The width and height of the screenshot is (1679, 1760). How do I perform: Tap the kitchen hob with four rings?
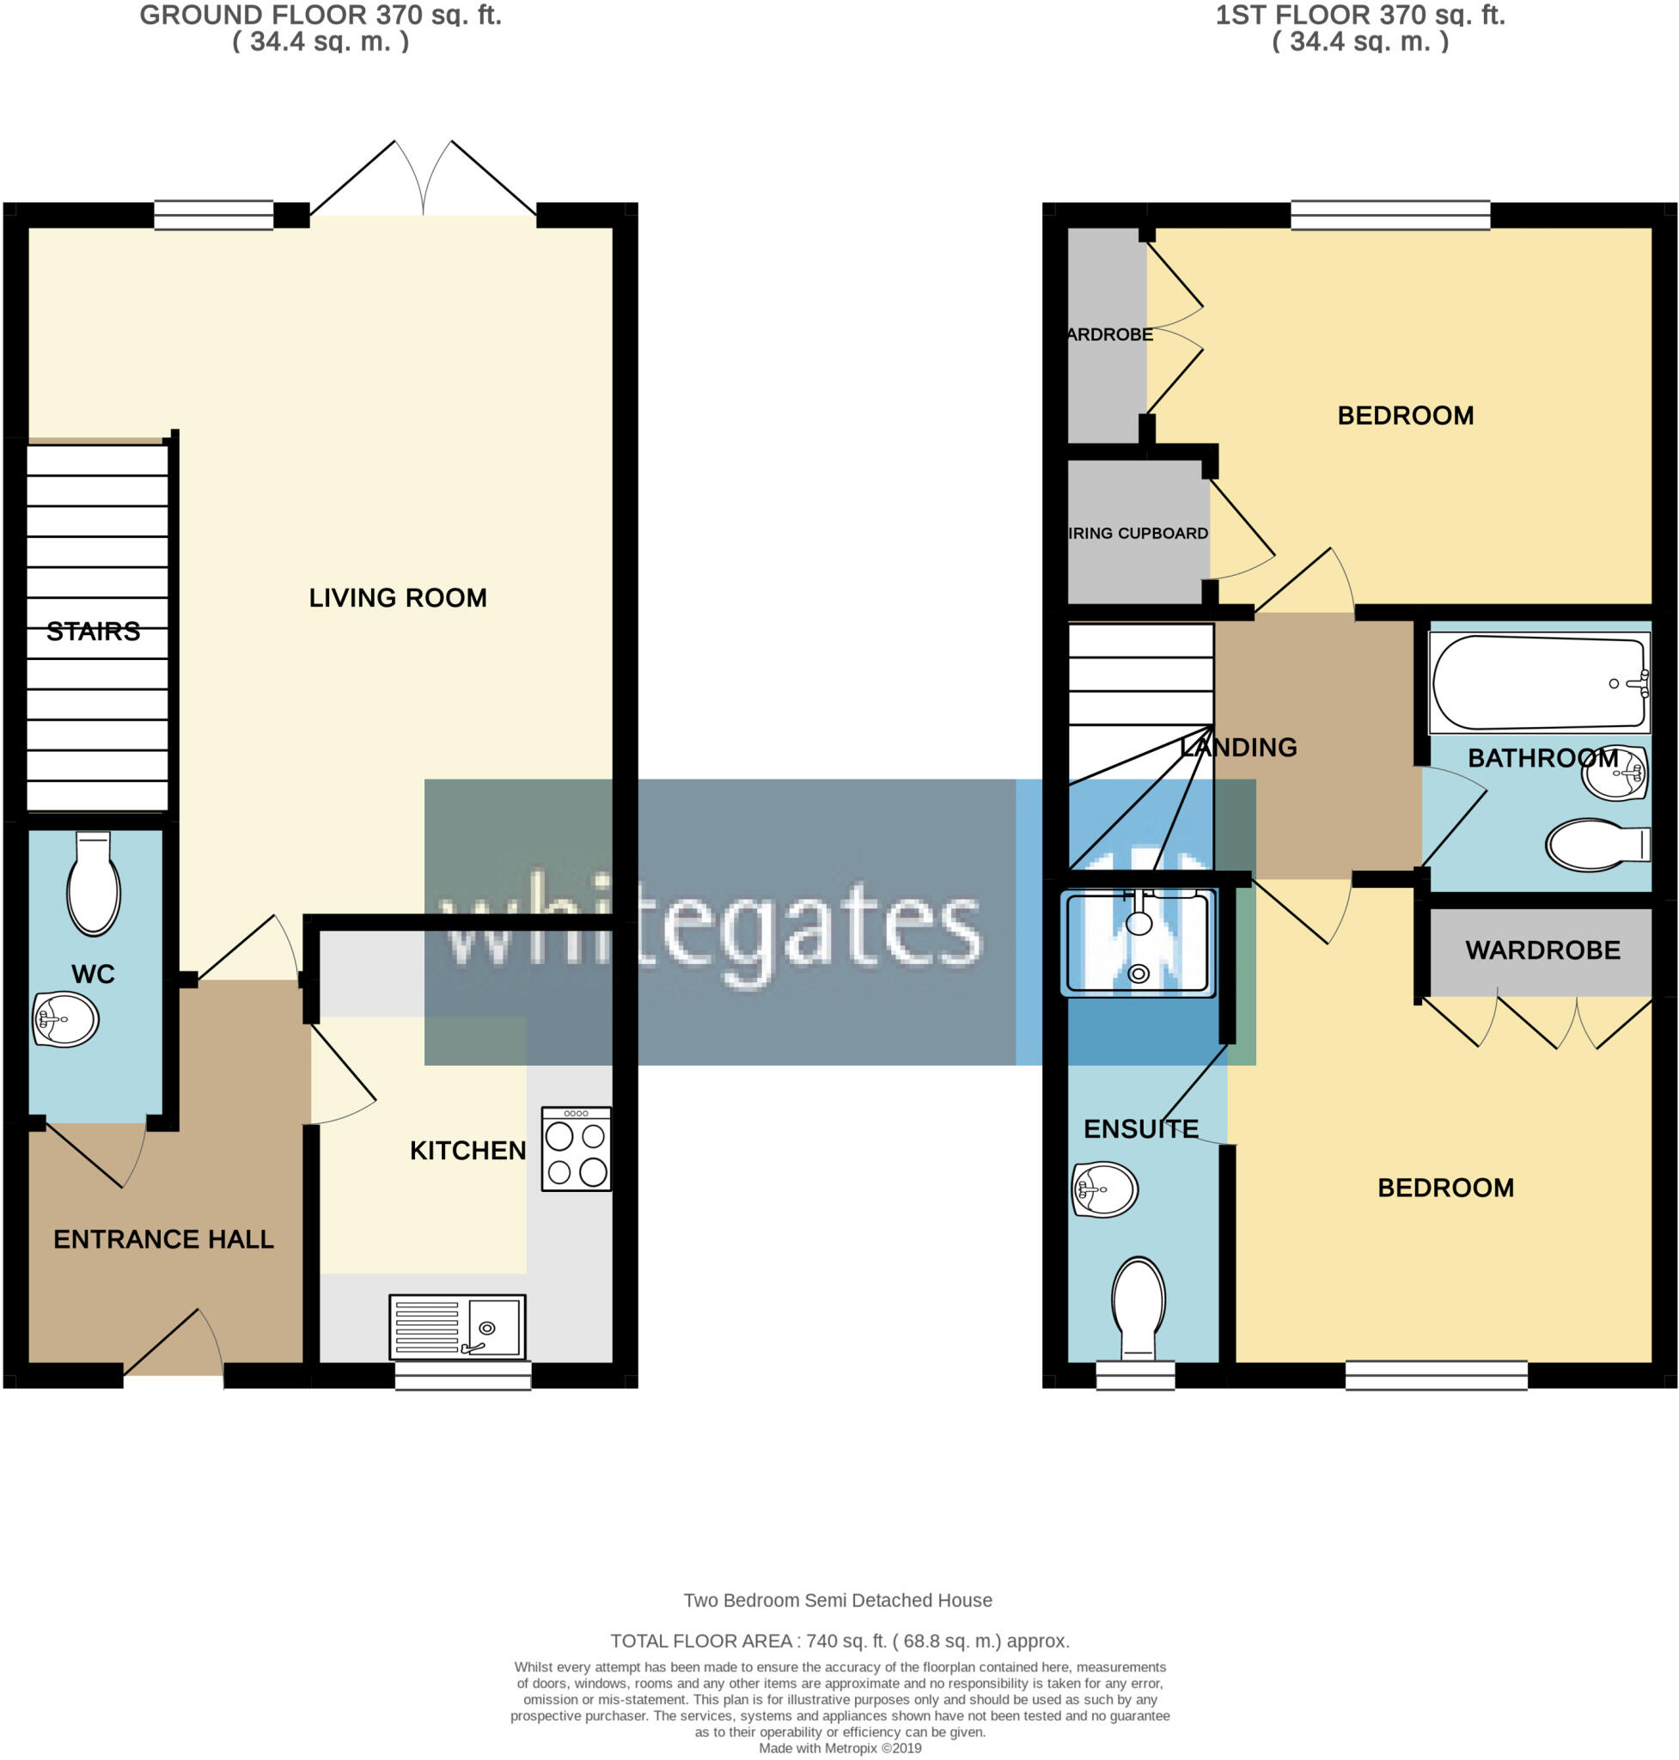coord(577,1150)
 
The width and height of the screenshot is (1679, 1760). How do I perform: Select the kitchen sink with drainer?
coord(457,1327)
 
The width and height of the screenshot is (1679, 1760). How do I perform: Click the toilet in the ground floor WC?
coord(94,884)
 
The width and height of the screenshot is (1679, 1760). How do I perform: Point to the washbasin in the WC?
coord(65,1018)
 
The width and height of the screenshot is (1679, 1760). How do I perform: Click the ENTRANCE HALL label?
coord(164,1239)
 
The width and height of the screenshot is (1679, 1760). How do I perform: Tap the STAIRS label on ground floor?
coord(93,632)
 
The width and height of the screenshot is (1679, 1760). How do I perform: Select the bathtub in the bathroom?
coord(1538,682)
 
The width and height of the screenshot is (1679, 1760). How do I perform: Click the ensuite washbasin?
coord(1104,1189)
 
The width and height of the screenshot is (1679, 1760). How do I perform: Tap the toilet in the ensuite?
coord(1139,1307)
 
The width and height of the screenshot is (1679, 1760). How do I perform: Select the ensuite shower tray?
coord(1138,943)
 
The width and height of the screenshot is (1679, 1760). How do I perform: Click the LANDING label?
coord(1239,748)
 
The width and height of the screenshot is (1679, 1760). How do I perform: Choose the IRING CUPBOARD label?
coord(1138,534)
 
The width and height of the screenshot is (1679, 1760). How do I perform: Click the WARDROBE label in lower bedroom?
coord(1542,950)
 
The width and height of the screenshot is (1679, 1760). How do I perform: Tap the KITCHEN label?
coord(468,1151)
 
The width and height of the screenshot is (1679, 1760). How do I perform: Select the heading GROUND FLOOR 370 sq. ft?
coord(321,15)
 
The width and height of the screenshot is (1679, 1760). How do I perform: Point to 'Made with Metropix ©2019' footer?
coord(839,1747)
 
